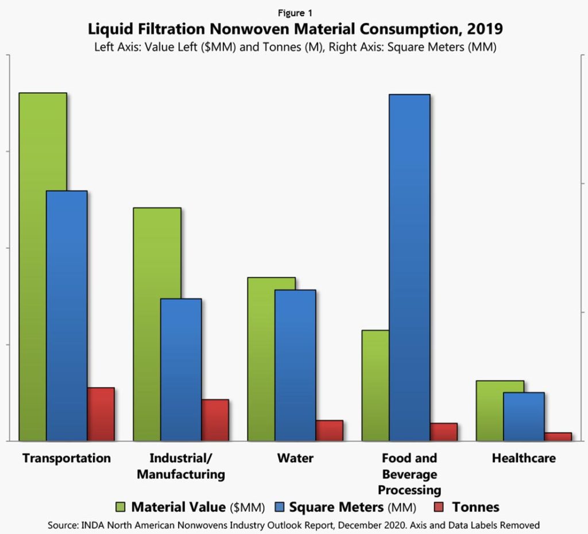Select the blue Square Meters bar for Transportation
click(67, 316)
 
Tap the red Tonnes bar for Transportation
click(100, 414)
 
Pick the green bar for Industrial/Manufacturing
click(157, 324)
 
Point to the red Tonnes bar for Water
click(329, 431)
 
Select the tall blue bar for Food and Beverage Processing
click(409, 268)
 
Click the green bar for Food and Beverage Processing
click(376, 385)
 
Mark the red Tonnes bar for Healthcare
click(558, 436)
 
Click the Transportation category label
click(66, 458)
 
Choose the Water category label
click(295, 458)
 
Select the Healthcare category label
click(524, 458)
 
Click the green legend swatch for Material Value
click(121, 507)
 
